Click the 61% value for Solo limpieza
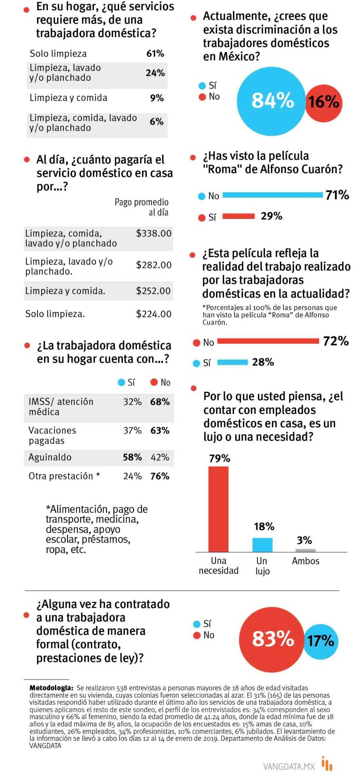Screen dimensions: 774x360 coord(155,53)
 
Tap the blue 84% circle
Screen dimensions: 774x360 coord(272,101)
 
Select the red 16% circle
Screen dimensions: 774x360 coord(324,102)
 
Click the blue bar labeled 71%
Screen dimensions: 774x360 coord(273,195)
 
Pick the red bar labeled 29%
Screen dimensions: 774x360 coord(238,216)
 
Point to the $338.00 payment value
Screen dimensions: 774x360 coord(154,233)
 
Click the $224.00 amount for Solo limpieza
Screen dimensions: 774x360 coord(154,314)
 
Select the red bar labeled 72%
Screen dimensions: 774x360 coord(268,341)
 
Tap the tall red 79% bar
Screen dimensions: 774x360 coord(218,509)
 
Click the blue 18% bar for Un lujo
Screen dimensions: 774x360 coord(262,545)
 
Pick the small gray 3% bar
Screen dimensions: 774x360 coord(305,550)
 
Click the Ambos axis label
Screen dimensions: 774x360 coord(305,561)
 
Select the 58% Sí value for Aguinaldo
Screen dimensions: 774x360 coord(132,457)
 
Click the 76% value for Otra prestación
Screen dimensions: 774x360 coord(160,476)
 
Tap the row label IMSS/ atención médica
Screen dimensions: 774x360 coord(60,407)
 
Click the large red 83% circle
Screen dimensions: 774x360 coord(272,639)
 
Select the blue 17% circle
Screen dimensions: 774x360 coord(321,641)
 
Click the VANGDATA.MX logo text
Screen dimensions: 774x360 coord(289,766)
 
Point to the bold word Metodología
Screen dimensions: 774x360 coord(51,688)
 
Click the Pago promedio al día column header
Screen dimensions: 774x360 coord(142,207)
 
